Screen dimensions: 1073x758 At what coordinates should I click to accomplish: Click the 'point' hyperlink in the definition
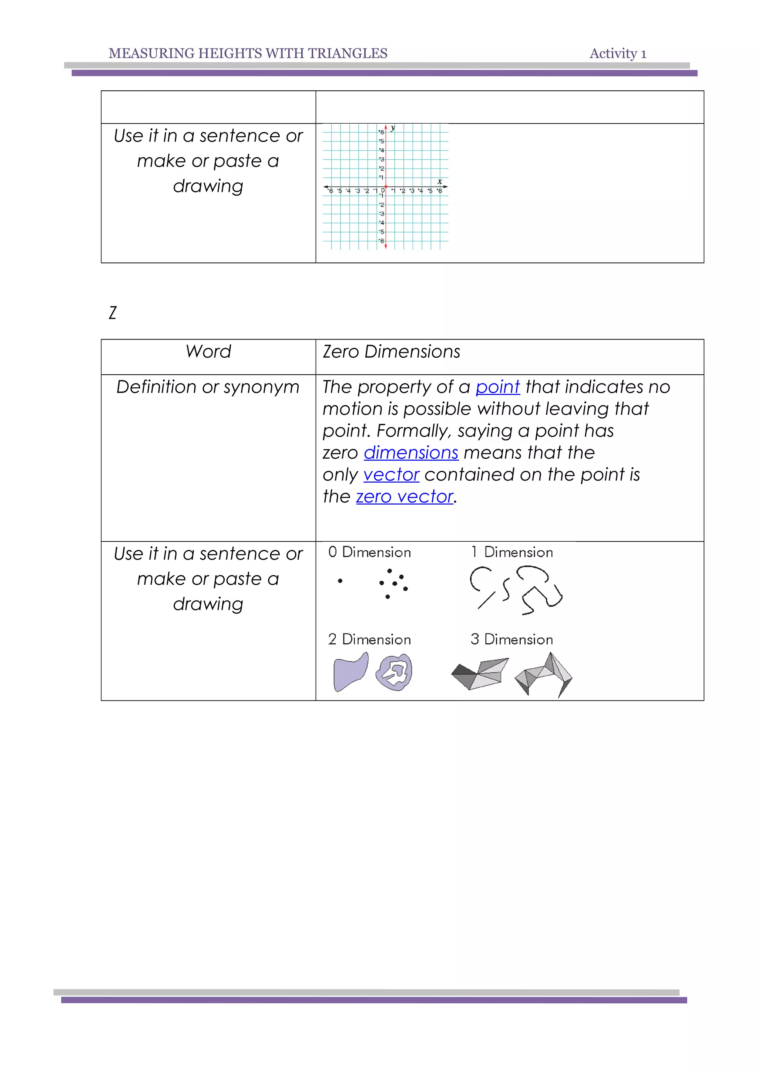coord(497,387)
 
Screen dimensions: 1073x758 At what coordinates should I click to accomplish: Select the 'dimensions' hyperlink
coord(410,452)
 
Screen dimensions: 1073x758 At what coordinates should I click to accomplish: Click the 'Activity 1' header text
coord(617,54)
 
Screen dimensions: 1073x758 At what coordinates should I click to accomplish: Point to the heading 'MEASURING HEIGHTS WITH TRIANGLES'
coord(248,54)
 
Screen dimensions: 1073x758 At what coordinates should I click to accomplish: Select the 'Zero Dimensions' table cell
coord(391,352)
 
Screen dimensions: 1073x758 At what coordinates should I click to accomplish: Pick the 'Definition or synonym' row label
coord(208,387)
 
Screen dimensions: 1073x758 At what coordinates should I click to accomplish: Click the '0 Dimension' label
coord(369,552)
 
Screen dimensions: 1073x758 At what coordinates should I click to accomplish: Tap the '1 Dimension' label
coord(512,552)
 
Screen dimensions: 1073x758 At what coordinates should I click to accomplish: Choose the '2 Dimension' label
coord(369,639)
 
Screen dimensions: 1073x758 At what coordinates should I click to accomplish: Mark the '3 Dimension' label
coord(512,639)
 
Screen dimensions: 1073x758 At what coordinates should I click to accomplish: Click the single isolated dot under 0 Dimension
coord(340,581)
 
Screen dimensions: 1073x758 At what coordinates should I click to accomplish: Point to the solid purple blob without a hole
coord(350,672)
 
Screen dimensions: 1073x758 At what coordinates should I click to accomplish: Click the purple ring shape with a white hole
coord(394,672)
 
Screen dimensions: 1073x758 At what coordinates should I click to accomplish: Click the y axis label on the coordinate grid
coord(393,128)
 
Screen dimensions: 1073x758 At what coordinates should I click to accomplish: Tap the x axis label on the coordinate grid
coord(439,181)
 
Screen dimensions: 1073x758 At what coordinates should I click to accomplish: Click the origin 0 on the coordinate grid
coord(383,190)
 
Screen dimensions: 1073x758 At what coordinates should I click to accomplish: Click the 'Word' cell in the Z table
coord(208,352)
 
